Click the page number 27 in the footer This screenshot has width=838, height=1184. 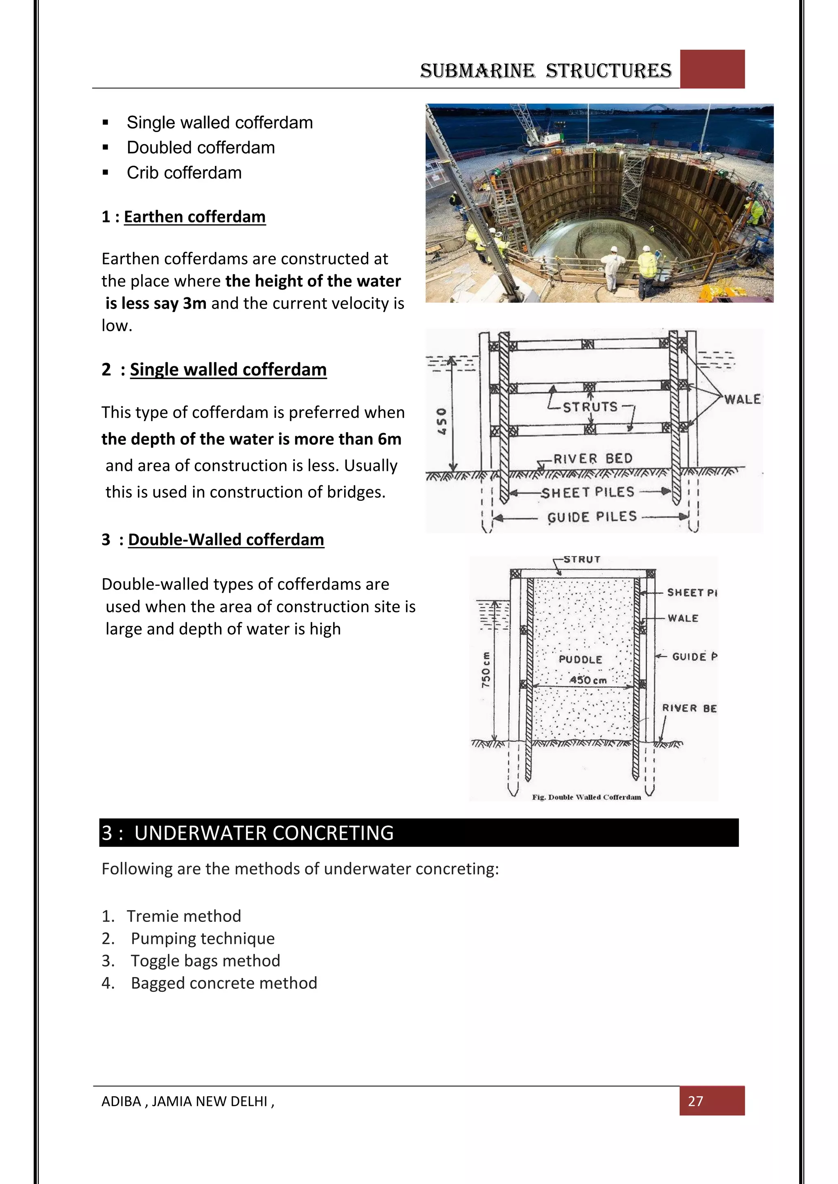[695, 1101]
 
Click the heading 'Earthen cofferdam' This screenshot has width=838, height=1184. [194, 217]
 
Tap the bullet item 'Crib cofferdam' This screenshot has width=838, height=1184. [184, 173]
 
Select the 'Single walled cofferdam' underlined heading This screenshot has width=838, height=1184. [228, 369]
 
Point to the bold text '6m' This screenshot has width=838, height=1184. [390, 439]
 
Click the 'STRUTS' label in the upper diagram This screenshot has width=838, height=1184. [590, 407]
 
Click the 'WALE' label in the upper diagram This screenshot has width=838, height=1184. [742, 399]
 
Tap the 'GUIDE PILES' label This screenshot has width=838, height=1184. [592, 517]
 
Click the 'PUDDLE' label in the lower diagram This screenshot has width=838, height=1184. [581, 659]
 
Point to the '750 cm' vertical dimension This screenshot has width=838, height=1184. [486, 669]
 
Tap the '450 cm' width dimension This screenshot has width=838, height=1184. [588, 680]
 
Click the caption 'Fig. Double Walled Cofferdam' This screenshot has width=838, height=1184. [586, 797]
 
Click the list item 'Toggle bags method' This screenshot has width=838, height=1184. [205, 960]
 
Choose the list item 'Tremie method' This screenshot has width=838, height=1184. [184, 916]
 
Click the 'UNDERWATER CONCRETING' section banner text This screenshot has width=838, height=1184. [264, 833]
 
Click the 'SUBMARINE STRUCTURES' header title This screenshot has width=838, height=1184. [545, 71]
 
